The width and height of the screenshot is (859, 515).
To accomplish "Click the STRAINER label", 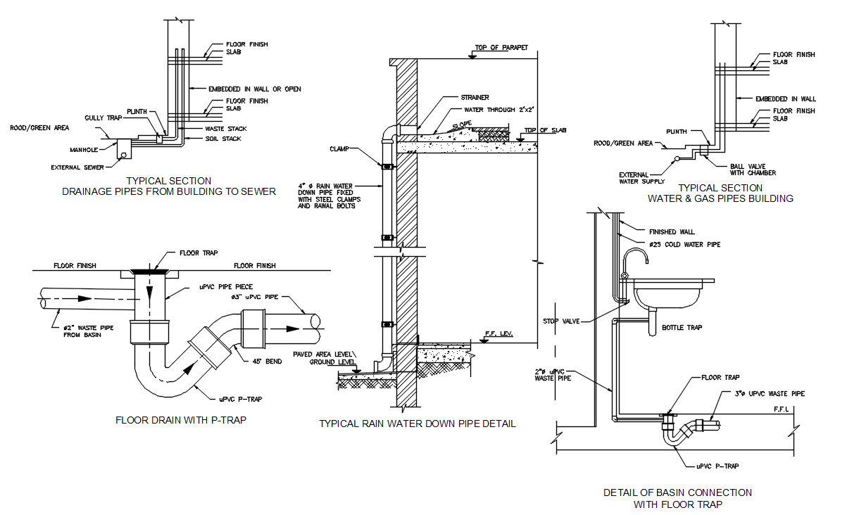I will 475,98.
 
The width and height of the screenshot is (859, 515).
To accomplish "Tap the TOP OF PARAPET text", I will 501,48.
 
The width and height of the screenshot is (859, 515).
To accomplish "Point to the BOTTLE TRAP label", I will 682,327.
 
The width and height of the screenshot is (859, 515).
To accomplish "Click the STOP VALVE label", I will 562,321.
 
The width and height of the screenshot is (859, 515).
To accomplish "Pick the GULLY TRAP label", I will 104,117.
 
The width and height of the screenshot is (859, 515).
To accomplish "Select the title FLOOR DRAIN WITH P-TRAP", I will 181,420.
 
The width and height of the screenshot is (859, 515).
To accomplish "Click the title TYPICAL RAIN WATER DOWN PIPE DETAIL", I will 418,424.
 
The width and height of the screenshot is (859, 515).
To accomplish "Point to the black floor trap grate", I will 149,270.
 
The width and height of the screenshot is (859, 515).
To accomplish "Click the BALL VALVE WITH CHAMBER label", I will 753,170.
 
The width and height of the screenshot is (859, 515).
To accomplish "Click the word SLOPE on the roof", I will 462,125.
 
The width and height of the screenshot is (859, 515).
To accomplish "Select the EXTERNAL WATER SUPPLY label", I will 639,178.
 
